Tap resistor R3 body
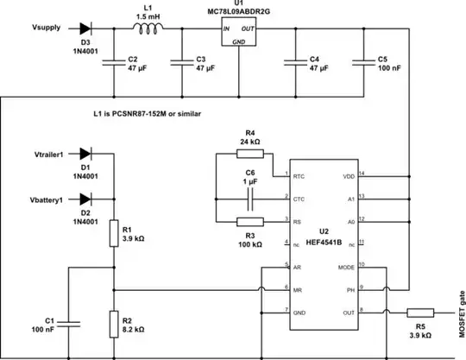click(x=249, y=222)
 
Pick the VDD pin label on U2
click(x=348, y=176)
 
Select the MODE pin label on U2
click(x=345, y=267)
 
